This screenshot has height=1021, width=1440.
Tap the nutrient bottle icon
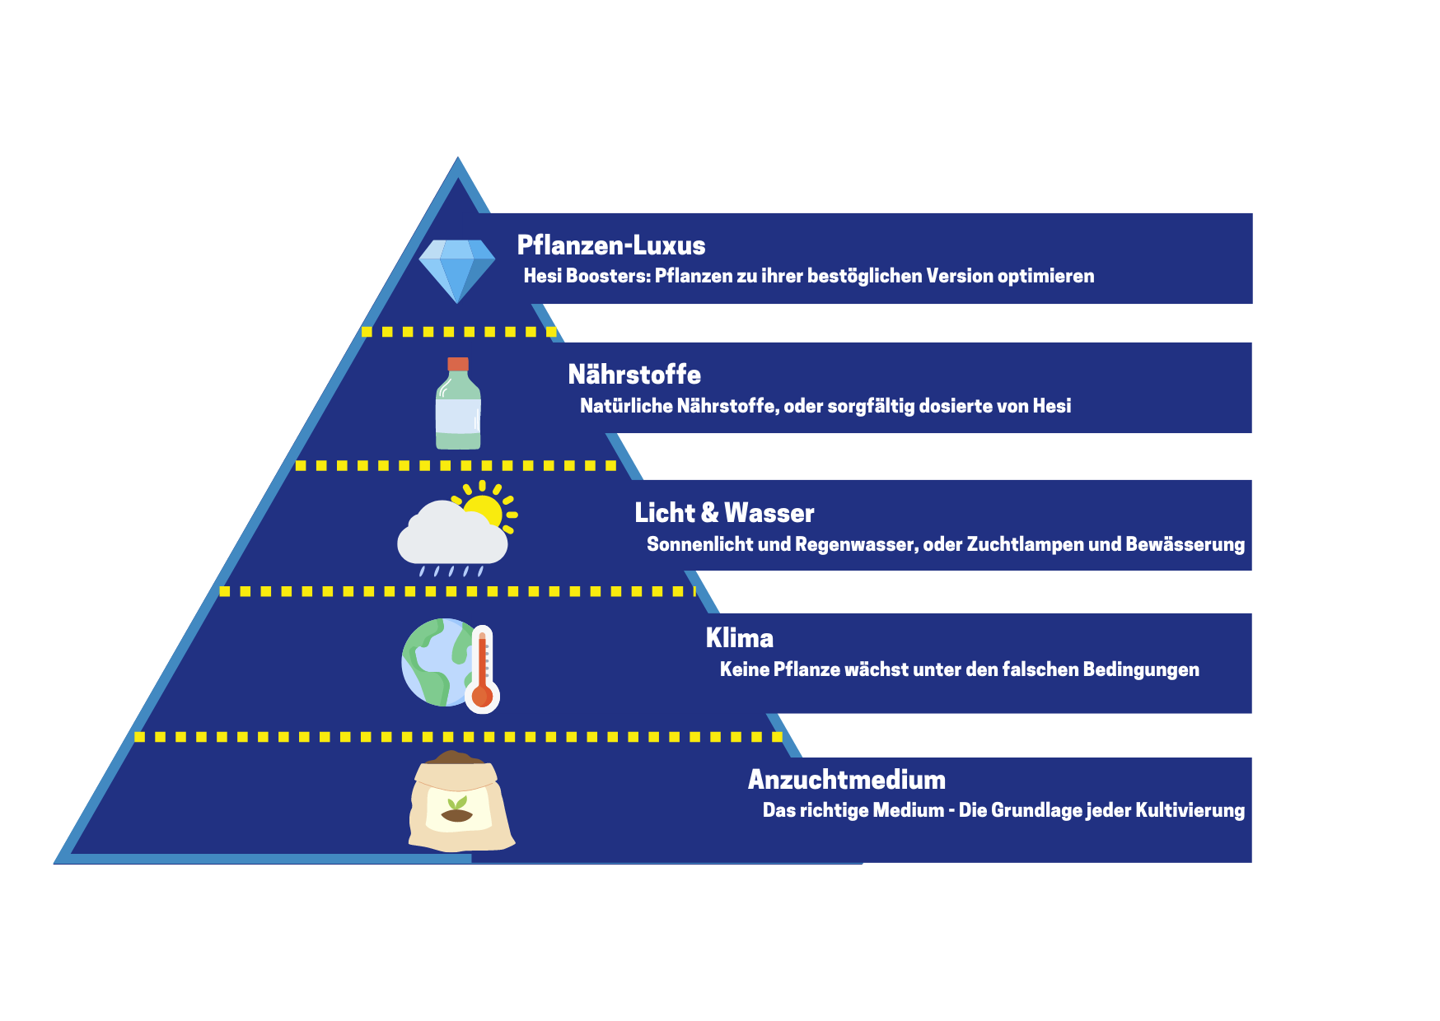[x=458, y=403]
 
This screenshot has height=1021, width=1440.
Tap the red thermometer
[x=483, y=669]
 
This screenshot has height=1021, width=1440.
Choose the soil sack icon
[x=461, y=801]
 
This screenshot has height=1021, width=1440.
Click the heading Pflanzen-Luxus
[x=611, y=245]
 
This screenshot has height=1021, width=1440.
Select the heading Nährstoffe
[x=634, y=375]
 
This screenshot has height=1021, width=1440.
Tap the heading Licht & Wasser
[x=724, y=513]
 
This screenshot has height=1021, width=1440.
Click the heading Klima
[x=740, y=638]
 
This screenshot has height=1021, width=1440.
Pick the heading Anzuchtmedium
[x=847, y=780]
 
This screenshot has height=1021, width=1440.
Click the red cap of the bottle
[x=458, y=364]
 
